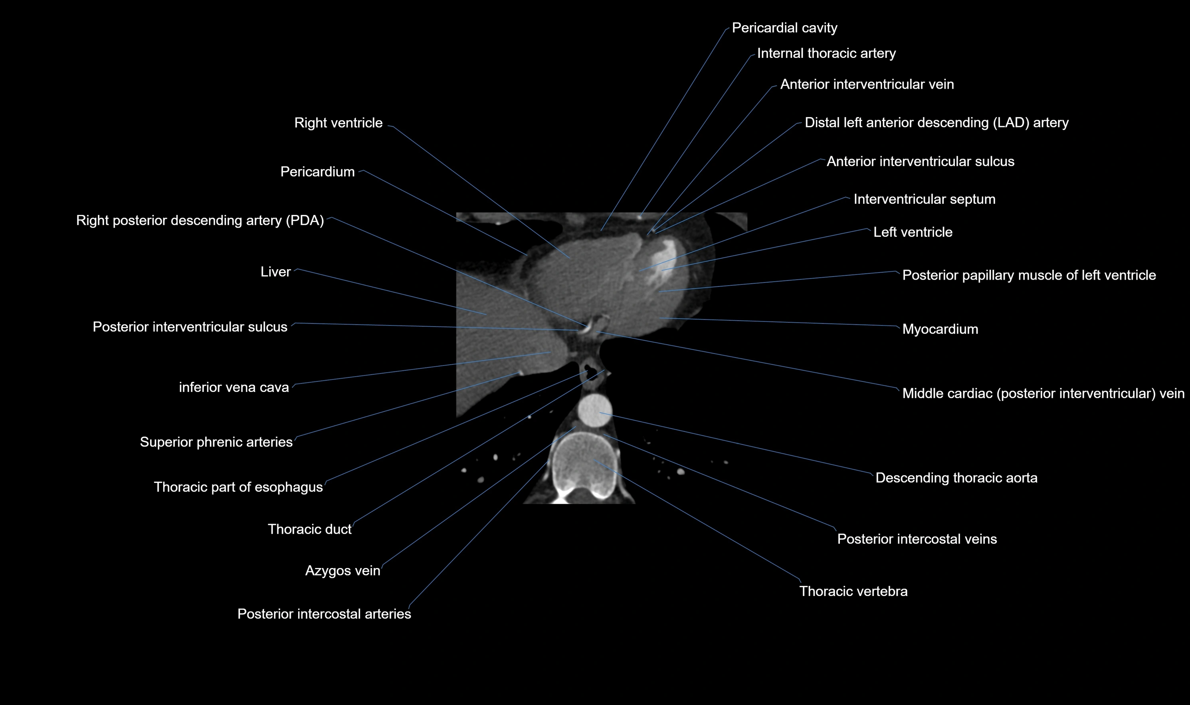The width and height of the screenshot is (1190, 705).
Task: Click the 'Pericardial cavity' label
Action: click(784, 28)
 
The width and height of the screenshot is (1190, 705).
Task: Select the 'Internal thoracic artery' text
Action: click(826, 54)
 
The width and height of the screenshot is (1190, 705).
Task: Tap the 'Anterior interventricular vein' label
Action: click(867, 85)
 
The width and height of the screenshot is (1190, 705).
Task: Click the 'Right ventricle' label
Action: click(338, 123)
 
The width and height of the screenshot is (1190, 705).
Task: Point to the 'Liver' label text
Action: click(275, 272)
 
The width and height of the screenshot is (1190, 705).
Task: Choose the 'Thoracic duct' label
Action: click(309, 529)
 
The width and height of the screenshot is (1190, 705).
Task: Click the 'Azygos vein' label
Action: click(342, 570)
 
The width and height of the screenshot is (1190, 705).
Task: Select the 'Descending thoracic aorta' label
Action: click(956, 478)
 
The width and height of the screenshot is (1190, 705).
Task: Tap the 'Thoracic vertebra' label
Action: click(853, 592)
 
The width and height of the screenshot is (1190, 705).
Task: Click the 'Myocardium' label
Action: click(940, 329)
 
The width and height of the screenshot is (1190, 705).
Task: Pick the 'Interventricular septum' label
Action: click(924, 200)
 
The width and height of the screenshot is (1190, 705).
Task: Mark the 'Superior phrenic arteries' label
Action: click(216, 442)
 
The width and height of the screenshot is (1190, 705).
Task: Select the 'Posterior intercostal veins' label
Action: click(917, 539)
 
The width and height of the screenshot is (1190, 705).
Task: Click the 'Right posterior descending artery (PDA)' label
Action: click(200, 221)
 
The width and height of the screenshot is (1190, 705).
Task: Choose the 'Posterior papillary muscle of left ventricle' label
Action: click(1029, 275)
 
